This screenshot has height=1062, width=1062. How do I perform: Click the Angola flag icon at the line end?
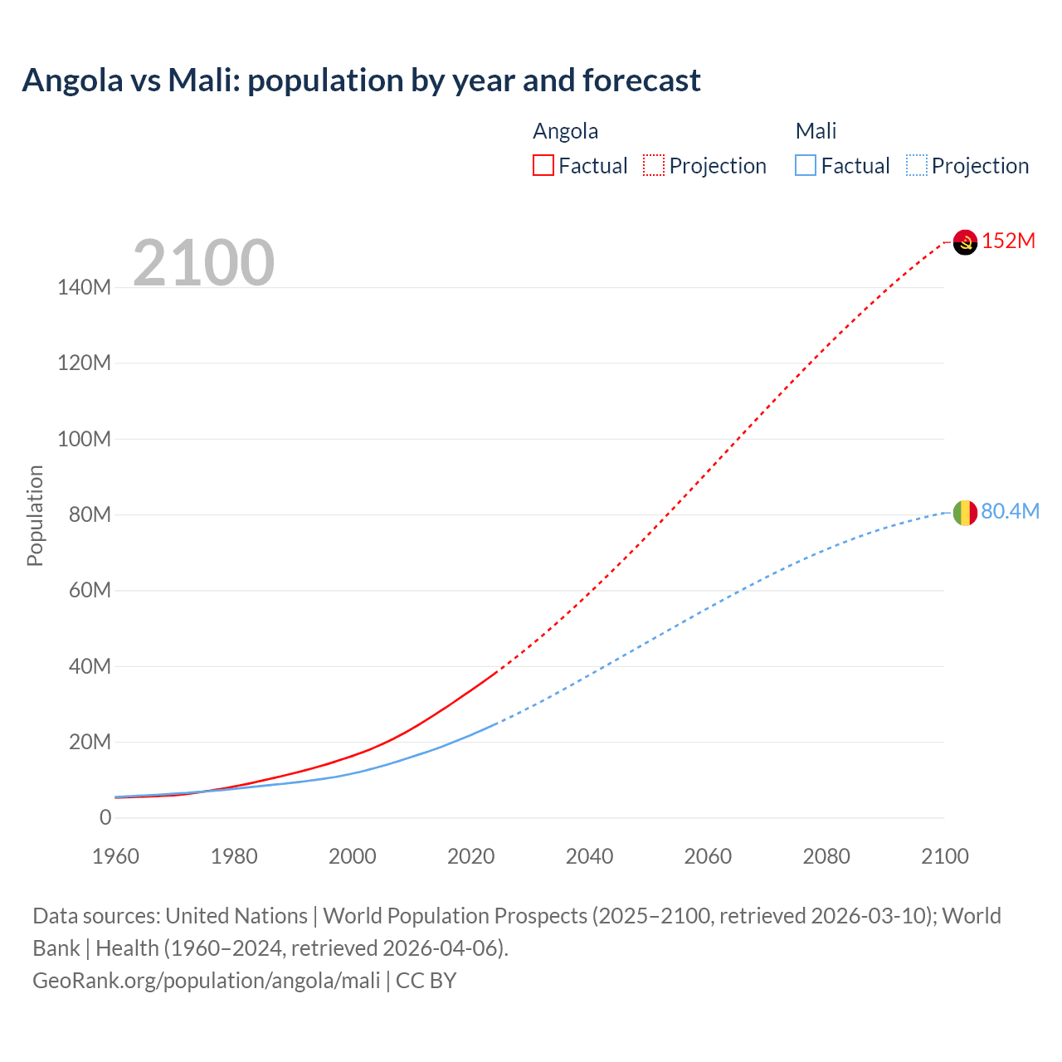click(x=965, y=242)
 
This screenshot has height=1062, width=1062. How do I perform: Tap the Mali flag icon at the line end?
click(x=965, y=513)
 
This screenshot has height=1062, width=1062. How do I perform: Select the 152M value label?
click(x=1008, y=241)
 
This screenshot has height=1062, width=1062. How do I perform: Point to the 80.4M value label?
click(x=1010, y=511)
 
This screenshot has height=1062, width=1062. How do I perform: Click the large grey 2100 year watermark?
click(x=203, y=263)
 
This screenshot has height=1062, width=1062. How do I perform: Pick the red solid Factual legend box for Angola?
click(x=543, y=165)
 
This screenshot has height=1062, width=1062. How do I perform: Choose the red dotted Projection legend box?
click(x=654, y=165)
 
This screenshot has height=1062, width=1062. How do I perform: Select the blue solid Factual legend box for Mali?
click(x=805, y=165)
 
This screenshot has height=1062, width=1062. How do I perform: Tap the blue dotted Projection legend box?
click(x=916, y=165)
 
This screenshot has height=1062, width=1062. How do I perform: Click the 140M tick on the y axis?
click(x=84, y=288)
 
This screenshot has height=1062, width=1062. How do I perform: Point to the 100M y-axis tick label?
click(x=84, y=439)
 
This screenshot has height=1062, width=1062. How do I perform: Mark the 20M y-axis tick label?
click(x=90, y=742)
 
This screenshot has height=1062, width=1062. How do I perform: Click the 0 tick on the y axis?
click(x=105, y=817)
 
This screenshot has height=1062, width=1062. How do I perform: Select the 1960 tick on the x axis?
click(x=115, y=856)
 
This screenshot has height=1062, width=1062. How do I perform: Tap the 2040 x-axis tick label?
click(x=589, y=856)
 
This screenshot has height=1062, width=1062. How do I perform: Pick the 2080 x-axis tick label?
click(x=826, y=856)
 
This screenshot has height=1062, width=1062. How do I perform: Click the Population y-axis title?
click(x=35, y=515)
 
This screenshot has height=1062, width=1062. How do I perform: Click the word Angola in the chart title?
click(x=72, y=80)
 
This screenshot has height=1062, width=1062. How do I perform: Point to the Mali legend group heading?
click(x=816, y=131)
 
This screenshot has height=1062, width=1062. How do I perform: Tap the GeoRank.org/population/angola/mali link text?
click(x=206, y=981)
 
